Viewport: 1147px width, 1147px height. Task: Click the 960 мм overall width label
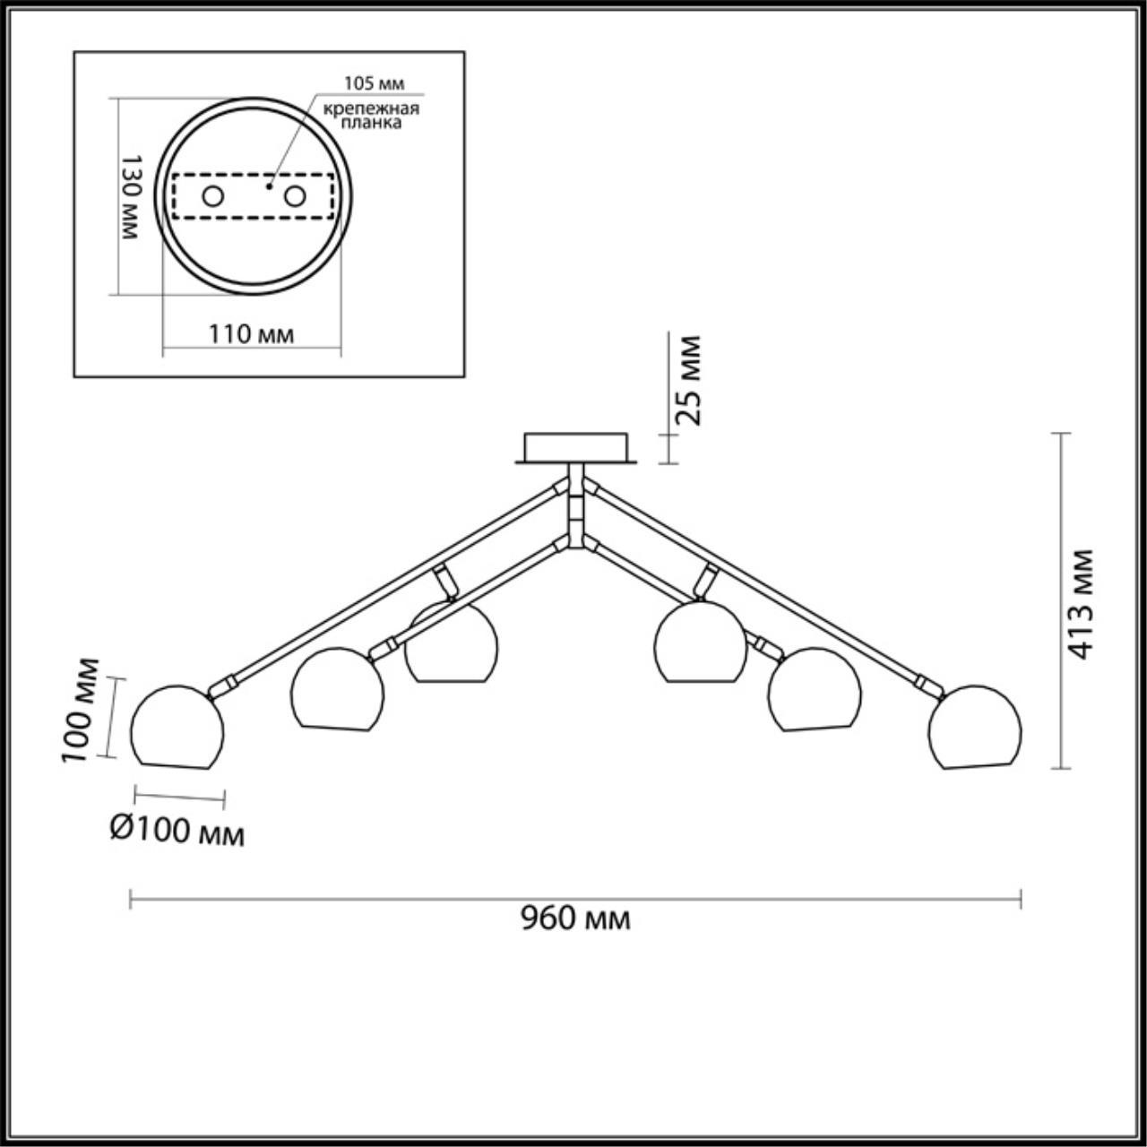click(576, 918)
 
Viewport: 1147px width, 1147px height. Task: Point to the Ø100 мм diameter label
click(177, 832)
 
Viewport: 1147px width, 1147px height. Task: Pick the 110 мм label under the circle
click(252, 334)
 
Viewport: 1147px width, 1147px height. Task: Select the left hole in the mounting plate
click(212, 195)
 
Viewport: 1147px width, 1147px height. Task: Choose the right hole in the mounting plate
click(295, 195)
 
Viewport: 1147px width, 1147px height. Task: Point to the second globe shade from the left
click(338, 689)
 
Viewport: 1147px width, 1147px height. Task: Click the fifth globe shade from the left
click(815, 689)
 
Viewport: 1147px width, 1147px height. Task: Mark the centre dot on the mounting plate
click(269, 187)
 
